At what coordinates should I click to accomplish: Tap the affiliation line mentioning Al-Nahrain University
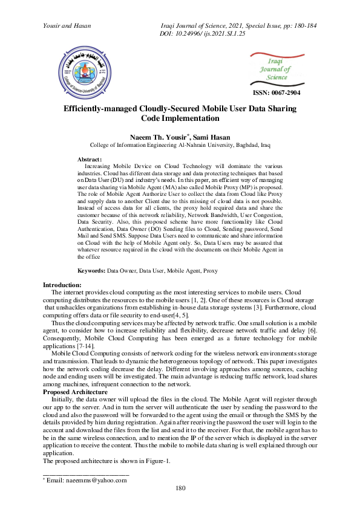(180, 146)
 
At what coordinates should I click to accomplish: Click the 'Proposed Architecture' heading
(74, 392)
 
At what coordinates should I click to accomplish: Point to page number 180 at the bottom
(180, 488)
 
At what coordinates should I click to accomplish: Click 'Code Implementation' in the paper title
(180, 118)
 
